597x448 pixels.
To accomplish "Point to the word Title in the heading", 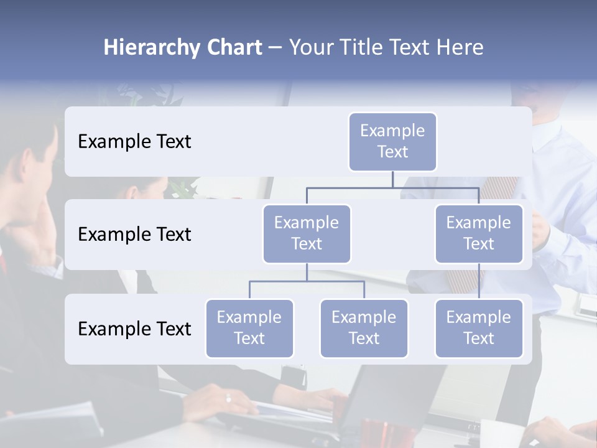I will point(366,48).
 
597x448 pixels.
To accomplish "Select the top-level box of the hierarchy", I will point(392,141).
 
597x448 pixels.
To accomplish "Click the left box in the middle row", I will point(307,233).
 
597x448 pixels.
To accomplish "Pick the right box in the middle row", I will point(479,233).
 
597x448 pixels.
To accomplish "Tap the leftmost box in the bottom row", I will point(249,328).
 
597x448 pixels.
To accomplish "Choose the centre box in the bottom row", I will point(364,328).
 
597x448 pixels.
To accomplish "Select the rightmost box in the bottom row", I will point(479,328).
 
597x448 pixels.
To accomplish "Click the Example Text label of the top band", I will point(134,142).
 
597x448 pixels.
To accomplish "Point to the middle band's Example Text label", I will point(134,235).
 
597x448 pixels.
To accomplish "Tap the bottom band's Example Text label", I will point(134,329).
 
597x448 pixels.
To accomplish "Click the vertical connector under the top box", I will point(392,179).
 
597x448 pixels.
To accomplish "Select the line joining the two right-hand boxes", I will point(479,281).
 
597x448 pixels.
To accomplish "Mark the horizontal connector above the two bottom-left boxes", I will point(307,281).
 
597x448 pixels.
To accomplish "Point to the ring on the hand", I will point(228,398).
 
